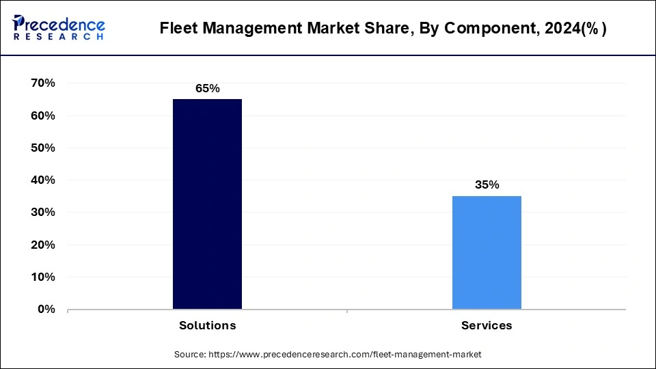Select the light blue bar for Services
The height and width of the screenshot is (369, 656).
point(487,252)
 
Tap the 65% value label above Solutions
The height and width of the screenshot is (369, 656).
point(207,88)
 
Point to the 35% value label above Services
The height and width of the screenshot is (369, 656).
point(487,185)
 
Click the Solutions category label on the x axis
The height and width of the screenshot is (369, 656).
point(207,325)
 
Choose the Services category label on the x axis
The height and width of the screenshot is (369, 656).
point(487,325)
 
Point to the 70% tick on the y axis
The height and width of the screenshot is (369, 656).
point(42,83)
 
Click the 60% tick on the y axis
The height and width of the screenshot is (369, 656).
point(42,115)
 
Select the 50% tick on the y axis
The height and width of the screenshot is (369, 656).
point(42,148)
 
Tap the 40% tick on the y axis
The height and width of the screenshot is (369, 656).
point(42,180)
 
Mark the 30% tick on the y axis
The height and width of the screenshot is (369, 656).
point(42,213)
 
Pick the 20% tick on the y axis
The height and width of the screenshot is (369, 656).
point(42,245)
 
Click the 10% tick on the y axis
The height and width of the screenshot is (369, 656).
point(42,277)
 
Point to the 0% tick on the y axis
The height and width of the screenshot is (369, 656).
point(46,309)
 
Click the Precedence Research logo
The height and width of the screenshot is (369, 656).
point(59,27)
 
